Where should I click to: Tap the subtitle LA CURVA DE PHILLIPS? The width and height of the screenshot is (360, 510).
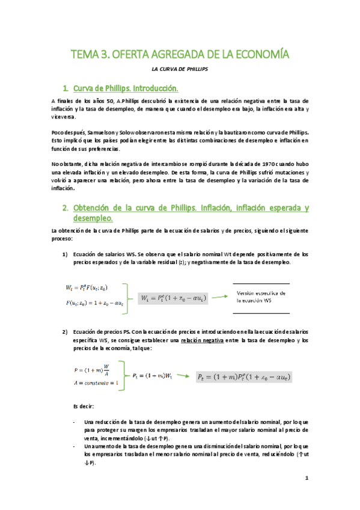[180, 69]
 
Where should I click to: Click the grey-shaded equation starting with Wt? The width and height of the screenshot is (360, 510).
[172, 297]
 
